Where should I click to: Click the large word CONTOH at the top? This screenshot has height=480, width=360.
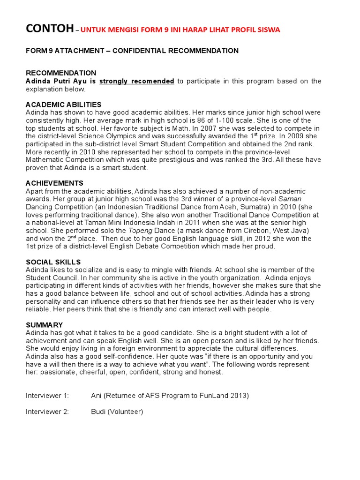click(x=49, y=29)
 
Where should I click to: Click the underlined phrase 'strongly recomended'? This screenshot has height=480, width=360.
click(x=137, y=81)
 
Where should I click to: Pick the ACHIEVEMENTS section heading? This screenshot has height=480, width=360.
click(x=54, y=183)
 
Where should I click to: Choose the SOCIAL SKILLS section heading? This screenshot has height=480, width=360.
click(x=53, y=262)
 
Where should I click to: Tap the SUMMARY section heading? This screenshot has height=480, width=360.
click(x=44, y=325)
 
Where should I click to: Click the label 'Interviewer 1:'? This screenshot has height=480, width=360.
click(x=47, y=396)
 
